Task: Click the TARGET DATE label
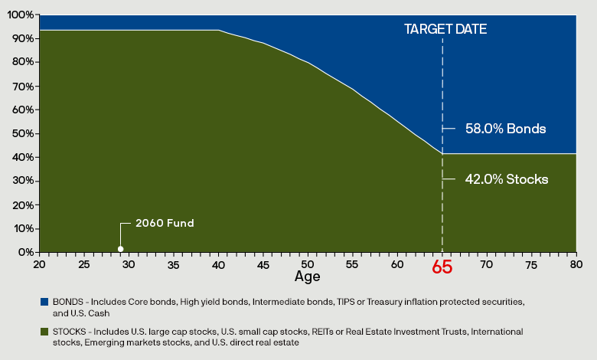point(445,29)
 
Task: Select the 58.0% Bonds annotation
point(505,129)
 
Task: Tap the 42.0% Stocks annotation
point(506,179)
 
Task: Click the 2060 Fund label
point(165,223)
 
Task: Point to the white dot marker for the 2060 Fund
point(120,248)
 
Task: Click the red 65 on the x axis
point(442,267)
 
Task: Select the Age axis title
point(307,276)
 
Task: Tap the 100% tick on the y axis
point(21,15)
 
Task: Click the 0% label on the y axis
point(25,252)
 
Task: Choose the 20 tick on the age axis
point(39,263)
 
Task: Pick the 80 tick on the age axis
point(576,263)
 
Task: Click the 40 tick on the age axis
point(218,263)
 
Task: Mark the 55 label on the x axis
point(353,263)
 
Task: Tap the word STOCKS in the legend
point(66,332)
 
